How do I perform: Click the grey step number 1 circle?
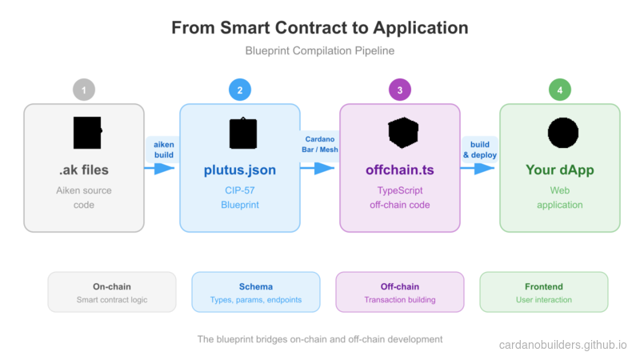(84, 90)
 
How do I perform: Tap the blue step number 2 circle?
(239, 90)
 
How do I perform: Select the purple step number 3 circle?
(400, 90)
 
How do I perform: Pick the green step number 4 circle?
(560, 90)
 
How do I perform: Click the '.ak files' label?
(84, 170)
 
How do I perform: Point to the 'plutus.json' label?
(239, 170)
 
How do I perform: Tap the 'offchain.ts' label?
(400, 170)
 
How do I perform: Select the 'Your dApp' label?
(560, 170)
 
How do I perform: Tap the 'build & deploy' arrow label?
(480, 148)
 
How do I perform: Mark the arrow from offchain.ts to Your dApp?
(478, 169)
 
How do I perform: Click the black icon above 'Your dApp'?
(562, 132)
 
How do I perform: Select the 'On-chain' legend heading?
(112, 286)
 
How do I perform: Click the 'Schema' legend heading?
(255, 286)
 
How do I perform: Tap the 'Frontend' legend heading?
(543, 286)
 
